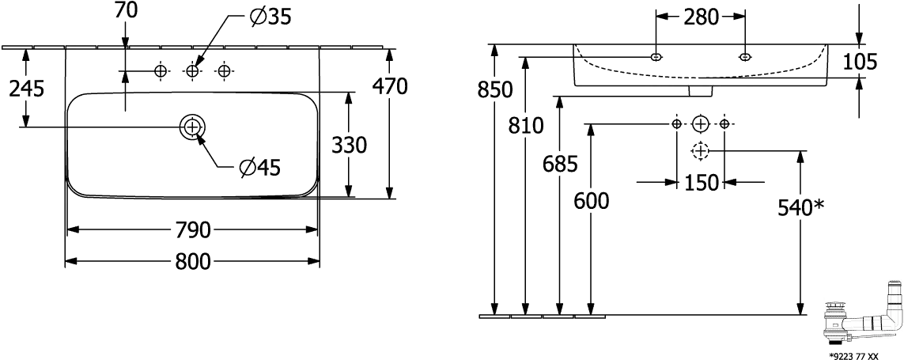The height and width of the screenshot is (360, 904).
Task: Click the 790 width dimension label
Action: point(192,230)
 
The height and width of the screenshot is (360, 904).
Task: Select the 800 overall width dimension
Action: point(192,263)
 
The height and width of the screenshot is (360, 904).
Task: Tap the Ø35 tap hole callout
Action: point(270,17)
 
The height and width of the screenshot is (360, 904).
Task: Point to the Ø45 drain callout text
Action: point(259,167)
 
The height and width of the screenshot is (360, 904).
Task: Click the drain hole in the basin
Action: point(192,127)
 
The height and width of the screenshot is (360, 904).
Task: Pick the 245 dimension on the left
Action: point(26,89)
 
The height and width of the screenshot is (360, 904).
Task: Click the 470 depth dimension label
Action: point(390,86)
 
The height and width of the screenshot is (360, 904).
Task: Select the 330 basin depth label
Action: point(349,146)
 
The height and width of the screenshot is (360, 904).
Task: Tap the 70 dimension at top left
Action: point(127,11)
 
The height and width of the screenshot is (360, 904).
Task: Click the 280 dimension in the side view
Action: point(701,18)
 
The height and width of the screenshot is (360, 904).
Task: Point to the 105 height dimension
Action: point(859,61)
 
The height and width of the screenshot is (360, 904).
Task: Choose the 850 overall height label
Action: point(494,89)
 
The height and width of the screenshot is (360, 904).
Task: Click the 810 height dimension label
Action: point(525,125)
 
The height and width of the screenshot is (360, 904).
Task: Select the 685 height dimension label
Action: point(559,165)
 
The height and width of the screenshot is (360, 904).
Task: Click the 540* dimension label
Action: point(801,207)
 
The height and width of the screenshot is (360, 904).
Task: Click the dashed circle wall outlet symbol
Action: point(700,150)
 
